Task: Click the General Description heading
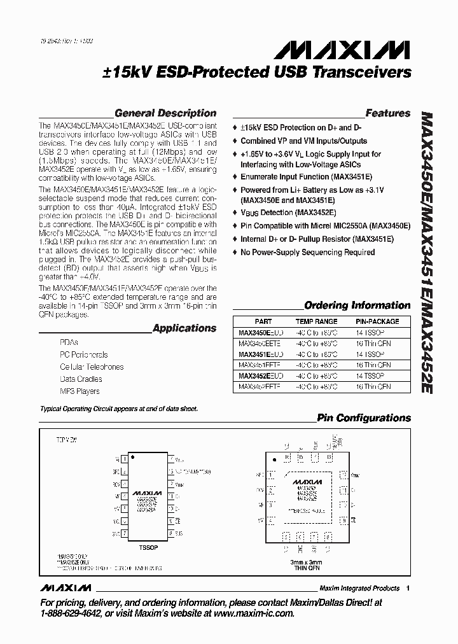coord(165,113)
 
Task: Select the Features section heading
coord(387,113)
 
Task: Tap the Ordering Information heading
coord(357,305)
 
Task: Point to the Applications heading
coord(184,328)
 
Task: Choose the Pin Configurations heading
coord(364,418)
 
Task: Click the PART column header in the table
coord(263,322)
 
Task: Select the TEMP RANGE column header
coord(317,322)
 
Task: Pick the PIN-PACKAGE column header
coord(377,322)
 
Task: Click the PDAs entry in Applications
coord(69,342)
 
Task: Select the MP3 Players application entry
coord(80,391)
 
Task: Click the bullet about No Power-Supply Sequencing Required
coord(307,253)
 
